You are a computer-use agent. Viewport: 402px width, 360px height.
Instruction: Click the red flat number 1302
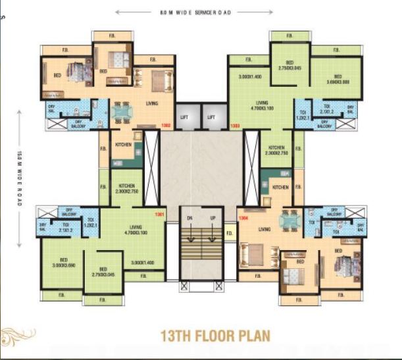[x=167, y=124]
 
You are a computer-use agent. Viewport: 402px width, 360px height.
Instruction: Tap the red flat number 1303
[x=234, y=124]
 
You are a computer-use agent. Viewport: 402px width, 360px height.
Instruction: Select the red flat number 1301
[x=159, y=215]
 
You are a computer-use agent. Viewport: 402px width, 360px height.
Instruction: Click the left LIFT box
[x=185, y=117]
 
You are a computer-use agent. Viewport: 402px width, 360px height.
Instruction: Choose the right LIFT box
[x=212, y=117]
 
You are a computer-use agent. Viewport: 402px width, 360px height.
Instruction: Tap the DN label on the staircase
[x=189, y=217]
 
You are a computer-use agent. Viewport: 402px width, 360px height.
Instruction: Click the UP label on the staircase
[x=212, y=217]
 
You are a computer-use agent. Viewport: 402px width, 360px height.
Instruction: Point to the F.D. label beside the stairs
[x=230, y=234]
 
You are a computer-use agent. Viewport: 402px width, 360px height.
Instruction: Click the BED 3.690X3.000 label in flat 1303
[x=337, y=80]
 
